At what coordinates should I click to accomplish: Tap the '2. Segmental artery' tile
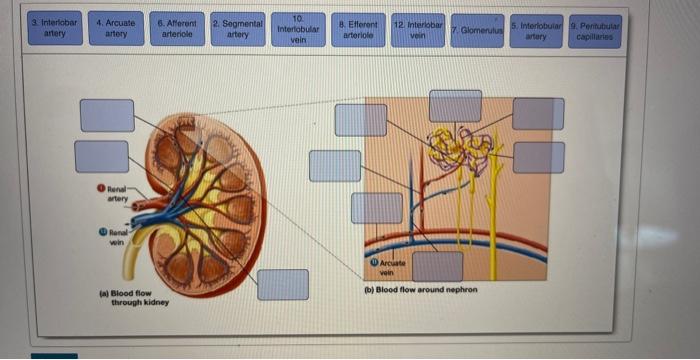pyautogui.click(x=237, y=27)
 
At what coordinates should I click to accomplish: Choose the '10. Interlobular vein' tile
pyautogui.click(x=298, y=28)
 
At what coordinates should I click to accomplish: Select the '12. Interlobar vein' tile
pyautogui.click(x=418, y=27)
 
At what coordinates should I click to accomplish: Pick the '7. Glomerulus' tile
pyautogui.click(x=476, y=29)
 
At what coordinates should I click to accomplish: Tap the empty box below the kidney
pyautogui.click(x=283, y=284)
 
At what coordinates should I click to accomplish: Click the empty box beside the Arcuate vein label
pyautogui.click(x=438, y=266)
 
